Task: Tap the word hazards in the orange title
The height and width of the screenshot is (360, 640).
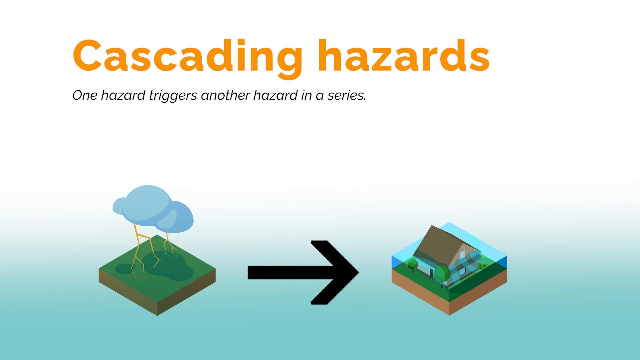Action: [404, 55]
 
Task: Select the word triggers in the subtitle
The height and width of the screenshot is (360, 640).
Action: [173, 96]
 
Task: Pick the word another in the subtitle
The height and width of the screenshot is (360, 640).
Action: [225, 95]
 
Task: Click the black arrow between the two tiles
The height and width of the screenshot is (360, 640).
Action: [303, 272]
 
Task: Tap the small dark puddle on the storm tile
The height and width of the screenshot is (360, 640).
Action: [124, 269]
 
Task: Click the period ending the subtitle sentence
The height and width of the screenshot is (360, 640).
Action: [365, 100]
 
